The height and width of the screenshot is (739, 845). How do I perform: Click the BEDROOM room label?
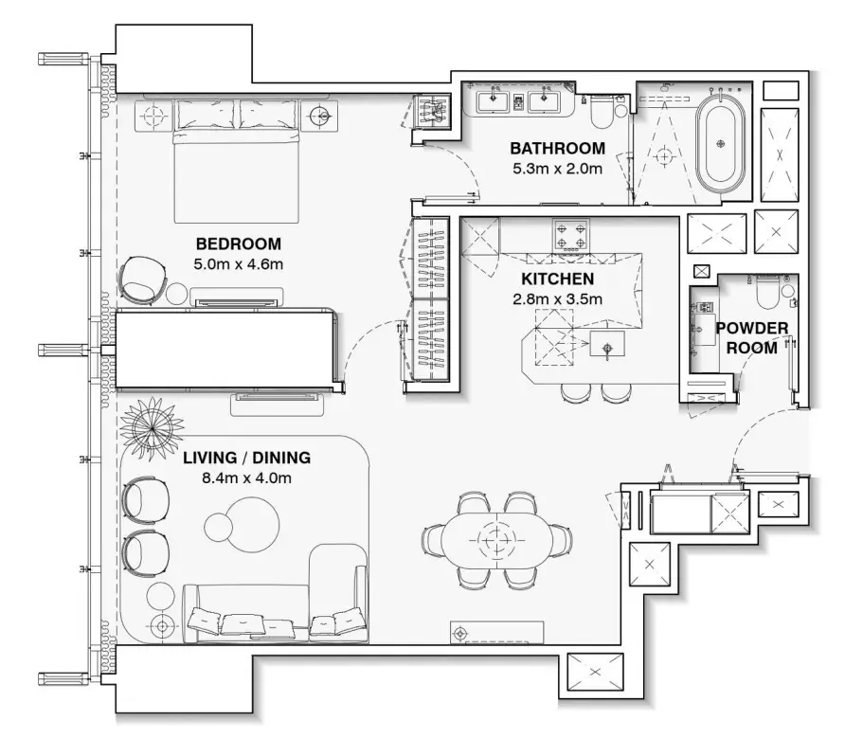238,243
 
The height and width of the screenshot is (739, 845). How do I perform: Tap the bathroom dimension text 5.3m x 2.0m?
557,169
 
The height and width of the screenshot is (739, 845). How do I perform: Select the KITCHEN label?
557,279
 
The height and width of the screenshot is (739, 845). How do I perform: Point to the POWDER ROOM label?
752,337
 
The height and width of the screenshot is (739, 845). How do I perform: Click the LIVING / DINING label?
247,458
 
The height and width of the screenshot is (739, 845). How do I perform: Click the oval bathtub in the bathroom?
721,143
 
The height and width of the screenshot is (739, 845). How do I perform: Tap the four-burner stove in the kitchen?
570,235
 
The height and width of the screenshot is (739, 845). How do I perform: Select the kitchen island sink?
607,344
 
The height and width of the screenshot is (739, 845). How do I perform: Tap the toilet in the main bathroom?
601,110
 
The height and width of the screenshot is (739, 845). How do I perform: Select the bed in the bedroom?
237,162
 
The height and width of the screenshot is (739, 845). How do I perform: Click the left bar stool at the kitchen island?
572,392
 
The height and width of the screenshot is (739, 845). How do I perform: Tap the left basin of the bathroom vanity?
492,101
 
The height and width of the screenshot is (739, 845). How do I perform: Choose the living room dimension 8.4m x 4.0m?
247,478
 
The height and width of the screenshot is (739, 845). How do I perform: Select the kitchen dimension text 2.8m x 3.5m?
557,299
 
